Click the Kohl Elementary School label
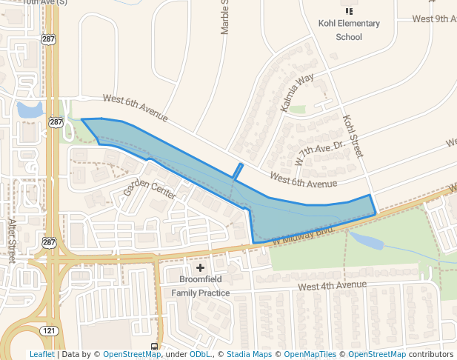point(349,30)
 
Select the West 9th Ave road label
point(434,19)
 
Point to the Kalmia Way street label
point(297,93)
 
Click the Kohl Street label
point(351,135)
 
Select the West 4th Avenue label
point(332,285)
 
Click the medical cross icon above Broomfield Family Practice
point(200,267)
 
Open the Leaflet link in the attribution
point(41,355)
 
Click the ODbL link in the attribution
point(199,355)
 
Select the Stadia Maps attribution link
point(249,355)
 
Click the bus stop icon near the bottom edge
point(154,347)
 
